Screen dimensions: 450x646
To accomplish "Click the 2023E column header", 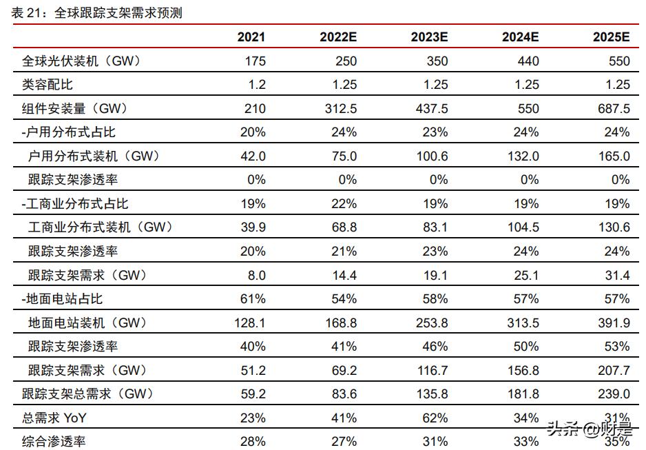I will [429, 37].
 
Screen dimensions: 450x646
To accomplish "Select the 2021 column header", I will [251, 37].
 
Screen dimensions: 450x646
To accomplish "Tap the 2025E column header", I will [611, 37].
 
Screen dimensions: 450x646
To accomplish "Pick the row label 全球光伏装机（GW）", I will [81, 61].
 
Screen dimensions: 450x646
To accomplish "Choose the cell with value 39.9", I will [254, 227].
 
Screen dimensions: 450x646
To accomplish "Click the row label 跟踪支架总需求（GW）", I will [87, 393].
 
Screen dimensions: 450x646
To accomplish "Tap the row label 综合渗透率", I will [54, 441].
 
